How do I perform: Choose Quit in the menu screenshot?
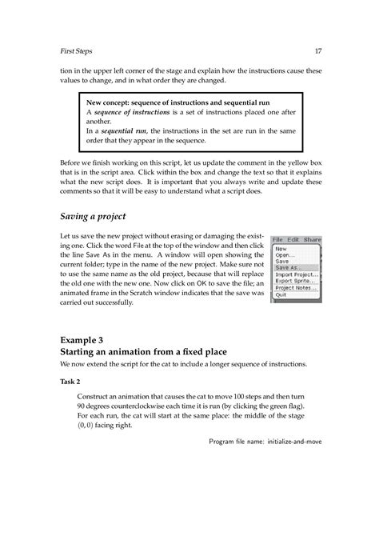(281, 294)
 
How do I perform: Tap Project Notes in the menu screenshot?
(296, 288)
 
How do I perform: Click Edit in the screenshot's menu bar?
(293, 239)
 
